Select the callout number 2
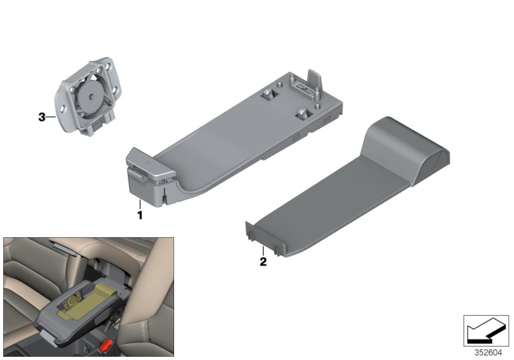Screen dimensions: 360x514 [262, 262]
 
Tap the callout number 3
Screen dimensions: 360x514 [42, 117]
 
